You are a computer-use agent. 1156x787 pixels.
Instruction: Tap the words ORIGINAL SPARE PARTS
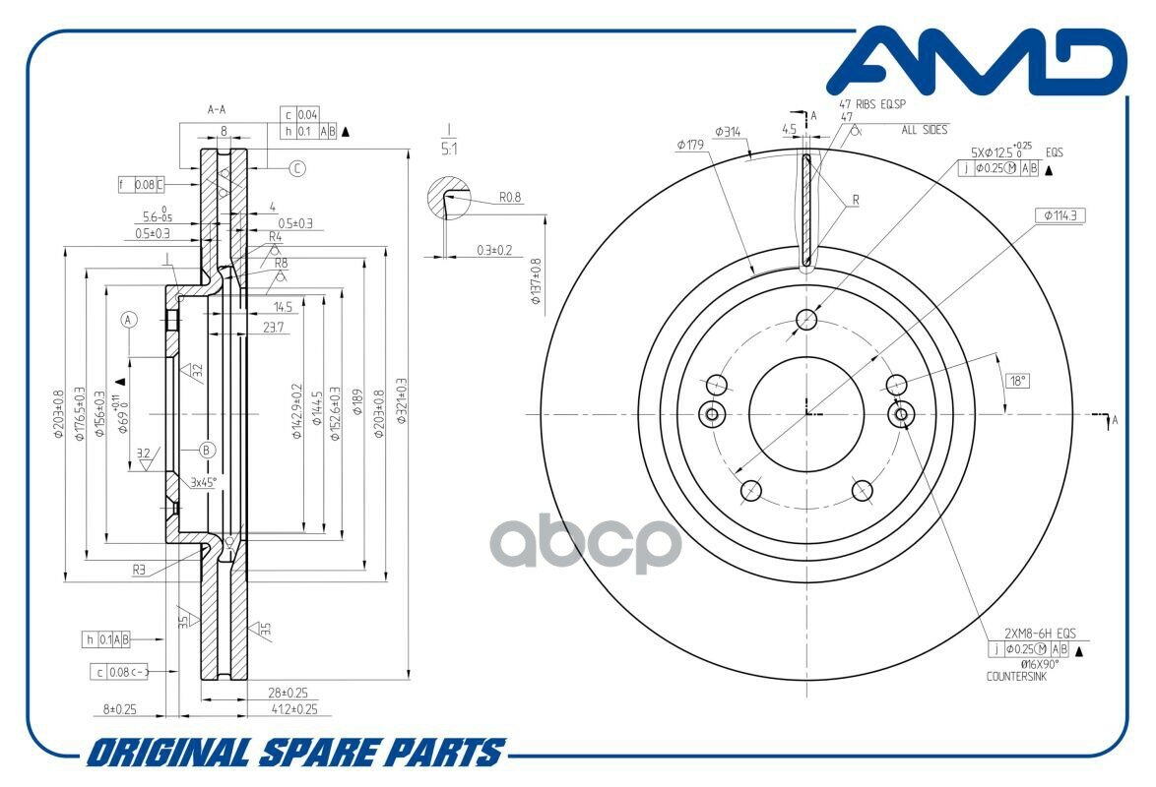[294, 753]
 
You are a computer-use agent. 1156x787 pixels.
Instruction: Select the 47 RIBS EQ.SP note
[871, 103]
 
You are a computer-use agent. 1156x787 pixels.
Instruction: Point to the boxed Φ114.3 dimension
[1059, 214]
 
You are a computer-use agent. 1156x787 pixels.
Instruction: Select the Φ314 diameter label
[729, 131]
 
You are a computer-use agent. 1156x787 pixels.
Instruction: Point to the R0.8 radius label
[510, 198]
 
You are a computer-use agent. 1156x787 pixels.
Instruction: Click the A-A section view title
[218, 110]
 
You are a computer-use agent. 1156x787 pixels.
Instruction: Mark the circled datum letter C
[297, 168]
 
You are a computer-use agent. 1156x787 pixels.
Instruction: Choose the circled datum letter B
[207, 450]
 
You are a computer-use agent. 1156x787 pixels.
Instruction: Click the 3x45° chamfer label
[204, 482]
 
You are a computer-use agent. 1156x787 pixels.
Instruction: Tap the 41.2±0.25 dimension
[294, 708]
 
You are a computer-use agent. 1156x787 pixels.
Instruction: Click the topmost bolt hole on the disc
[807, 319]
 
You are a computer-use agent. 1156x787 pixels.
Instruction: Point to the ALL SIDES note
[923, 130]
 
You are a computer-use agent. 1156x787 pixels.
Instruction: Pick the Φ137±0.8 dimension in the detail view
[536, 281]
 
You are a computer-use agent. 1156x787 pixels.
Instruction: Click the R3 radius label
[141, 569]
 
